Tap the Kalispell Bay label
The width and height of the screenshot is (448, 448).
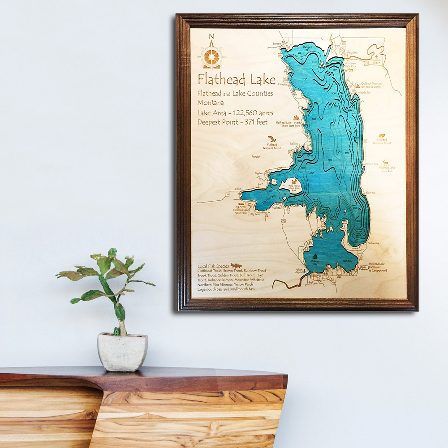[x=307, y=47]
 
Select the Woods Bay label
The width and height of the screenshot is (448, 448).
[x=364, y=92]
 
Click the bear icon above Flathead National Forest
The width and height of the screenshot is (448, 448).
[x=382, y=135]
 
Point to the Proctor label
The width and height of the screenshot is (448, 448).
[x=256, y=157]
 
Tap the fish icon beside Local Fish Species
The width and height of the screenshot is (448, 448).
[x=236, y=266]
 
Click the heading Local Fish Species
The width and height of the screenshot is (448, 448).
[x=213, y=266]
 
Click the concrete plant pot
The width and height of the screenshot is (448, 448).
[x=122, y=351]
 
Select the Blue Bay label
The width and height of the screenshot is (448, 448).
[x=370, y=193]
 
